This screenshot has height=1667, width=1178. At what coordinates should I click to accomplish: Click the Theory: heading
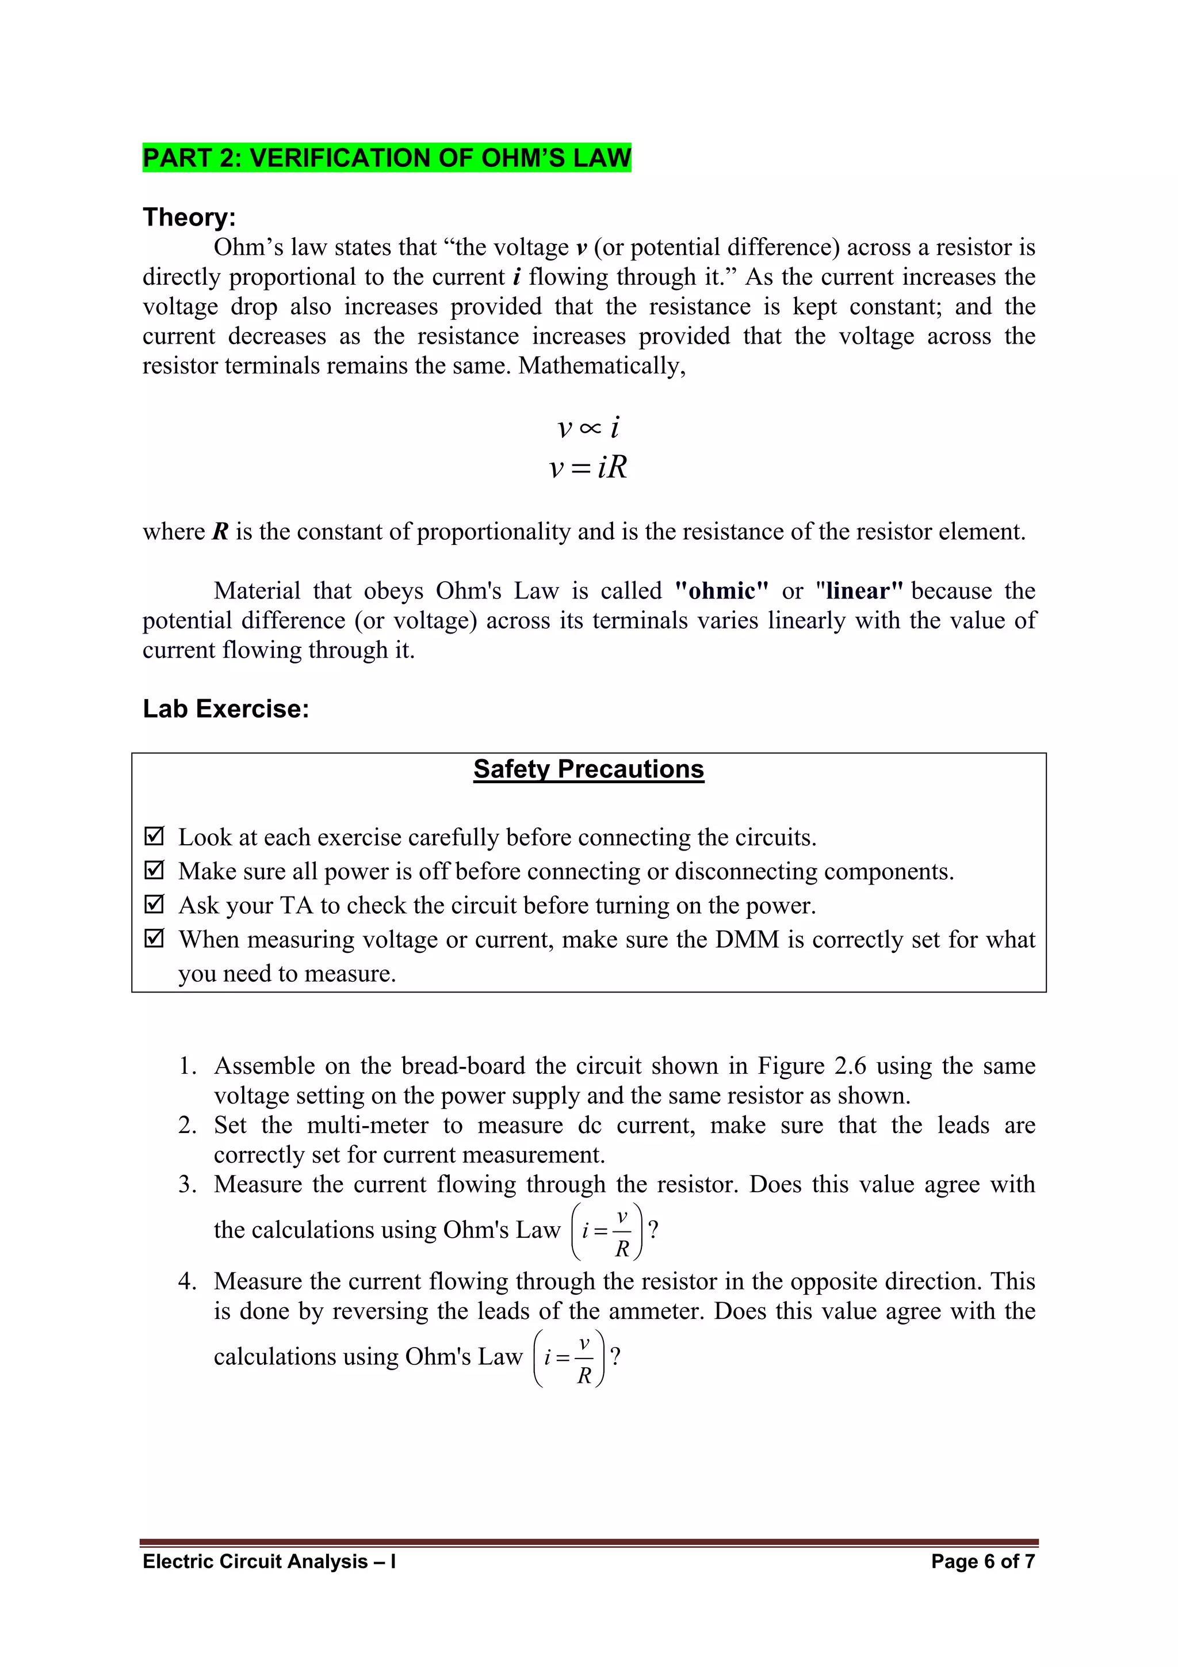click(x=189, y=217)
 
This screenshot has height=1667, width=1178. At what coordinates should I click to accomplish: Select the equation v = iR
click(x=588, y=467)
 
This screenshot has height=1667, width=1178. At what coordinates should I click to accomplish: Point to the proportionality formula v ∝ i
click(x=588, y=427)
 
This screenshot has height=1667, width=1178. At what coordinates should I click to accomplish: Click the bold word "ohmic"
click(x=721, y=591)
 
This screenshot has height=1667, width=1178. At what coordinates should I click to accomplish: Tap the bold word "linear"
click(x=859, y=591)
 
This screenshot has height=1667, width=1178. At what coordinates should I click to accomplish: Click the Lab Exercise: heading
click(x=225, y=708)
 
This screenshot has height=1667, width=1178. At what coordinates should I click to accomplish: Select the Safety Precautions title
click(x=588, y=769)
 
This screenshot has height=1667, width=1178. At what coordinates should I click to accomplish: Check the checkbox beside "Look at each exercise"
click(x=154, y=837)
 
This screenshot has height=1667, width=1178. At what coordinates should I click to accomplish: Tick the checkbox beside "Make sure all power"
click(x=154, y=870)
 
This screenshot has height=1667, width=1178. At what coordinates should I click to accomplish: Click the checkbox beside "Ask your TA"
click(x=154, y=904)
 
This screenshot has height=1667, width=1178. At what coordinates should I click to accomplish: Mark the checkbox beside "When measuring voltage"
click(x=154, y=938)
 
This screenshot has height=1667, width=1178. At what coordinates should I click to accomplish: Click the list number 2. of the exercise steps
click(x=188, y=1126)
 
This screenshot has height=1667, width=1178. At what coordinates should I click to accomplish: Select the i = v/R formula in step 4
click(x=569, y=1357)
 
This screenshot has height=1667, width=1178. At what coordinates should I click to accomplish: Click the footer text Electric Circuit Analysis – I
click(x=269, y=1562)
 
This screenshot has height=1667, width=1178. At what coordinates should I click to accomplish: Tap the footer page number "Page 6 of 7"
click(x=983, y=1562)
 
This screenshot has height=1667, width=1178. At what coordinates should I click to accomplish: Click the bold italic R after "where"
click(x=221, y=532)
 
